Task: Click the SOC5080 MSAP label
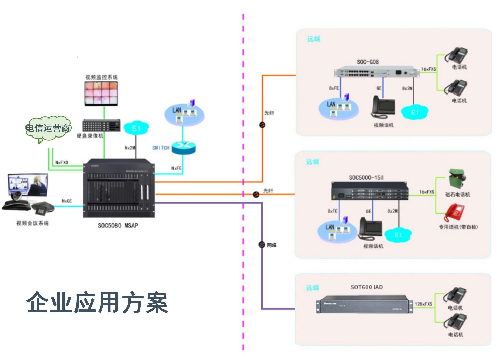tap(118, 225)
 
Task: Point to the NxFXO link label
tap(62, 162)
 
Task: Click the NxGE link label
tap(67, 201)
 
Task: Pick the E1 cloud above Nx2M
tap(136, 128)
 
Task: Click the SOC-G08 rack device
tap(376, 72)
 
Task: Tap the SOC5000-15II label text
tap(366, 178)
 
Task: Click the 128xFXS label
tap(423, 304)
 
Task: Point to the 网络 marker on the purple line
tap(262, 245)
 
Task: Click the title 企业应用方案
tap(97, 303)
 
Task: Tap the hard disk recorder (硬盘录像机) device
tap(101, 126)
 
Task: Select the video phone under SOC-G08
tap(384, 107)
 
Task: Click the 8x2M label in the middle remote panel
tap(392, 211)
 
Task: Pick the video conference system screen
tap(28, 185)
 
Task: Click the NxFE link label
tap(177, 168)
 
